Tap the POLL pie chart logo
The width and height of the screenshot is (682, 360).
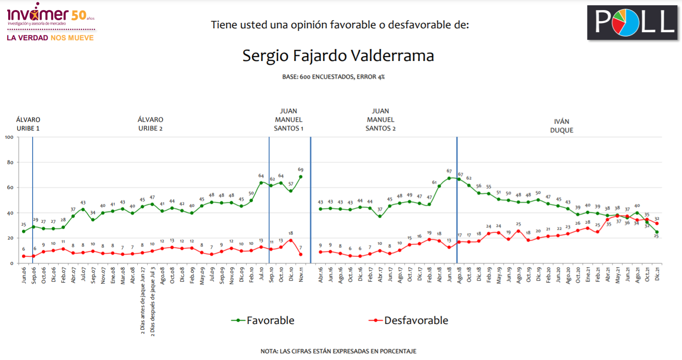pos(633,23)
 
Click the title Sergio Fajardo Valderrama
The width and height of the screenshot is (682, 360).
pos(338,56)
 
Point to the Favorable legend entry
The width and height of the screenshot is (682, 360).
pos(263,320)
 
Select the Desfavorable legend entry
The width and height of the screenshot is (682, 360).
pos(408,320)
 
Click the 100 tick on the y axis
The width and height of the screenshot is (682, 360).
pos(9,137)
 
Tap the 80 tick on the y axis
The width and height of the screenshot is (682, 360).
pos(11,163)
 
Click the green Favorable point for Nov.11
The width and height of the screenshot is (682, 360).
pos(301,177)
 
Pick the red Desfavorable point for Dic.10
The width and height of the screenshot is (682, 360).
pos(291,241)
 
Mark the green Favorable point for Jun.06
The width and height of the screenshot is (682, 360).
pos(24,232)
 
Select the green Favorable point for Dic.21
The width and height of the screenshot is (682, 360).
pos(657,232)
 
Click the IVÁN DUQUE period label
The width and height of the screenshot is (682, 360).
pos(562,126)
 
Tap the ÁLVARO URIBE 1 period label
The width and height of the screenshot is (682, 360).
pos(28,124)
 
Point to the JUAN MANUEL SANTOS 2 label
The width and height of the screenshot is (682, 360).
pos(380,119)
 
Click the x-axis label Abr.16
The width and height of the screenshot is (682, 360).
pos(320,275)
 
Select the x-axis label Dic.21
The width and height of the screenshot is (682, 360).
pos(657,274)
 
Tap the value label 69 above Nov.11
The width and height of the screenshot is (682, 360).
pos(301,170)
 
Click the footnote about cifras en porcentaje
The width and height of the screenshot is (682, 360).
pos(338,351)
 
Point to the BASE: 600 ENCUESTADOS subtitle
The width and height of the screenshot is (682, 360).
pos(333,77)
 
